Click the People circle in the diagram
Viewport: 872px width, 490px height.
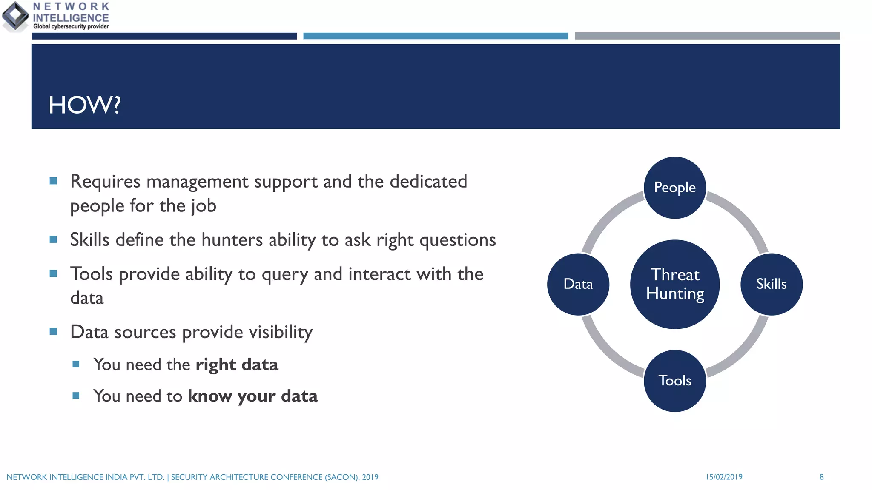(675, 188)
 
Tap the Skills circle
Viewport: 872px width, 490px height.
(771, 284)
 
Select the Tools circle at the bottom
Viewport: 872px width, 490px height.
(675, 381)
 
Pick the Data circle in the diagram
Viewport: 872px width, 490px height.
(578, 284)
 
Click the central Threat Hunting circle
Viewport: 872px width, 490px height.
(675, 284)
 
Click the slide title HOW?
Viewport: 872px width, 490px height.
(85, 105)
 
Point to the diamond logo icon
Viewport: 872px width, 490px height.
(16, 16)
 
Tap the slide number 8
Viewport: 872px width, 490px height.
(821, 477)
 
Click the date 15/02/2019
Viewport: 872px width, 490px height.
(724, 477)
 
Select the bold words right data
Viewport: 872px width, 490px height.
(237, 365)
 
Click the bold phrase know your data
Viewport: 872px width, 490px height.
(252, 396)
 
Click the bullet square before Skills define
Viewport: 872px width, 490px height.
(53, 239)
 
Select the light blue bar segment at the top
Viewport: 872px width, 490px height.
(436, 36)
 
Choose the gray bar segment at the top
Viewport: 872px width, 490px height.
(707, 36)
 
